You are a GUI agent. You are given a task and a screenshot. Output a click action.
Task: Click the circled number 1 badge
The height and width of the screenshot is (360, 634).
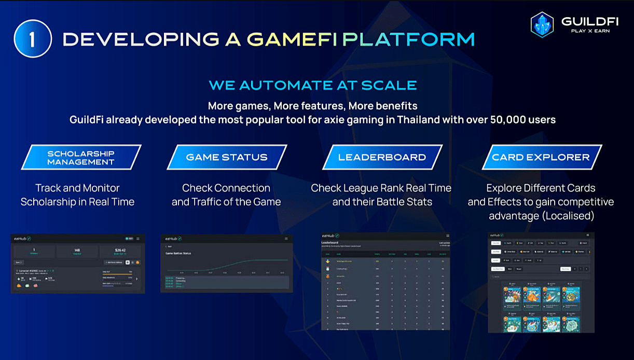pyautogui.click(x=32, y=39)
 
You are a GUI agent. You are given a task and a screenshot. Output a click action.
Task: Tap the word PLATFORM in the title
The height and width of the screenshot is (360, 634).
pyautogui.click(x=408, y=39)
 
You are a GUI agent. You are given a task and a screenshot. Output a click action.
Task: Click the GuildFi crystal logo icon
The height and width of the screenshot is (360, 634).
pyautogui.click(x=542, y=25)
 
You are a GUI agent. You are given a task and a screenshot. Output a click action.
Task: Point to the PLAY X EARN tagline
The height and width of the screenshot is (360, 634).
pyautogui.click(x=587, y=31)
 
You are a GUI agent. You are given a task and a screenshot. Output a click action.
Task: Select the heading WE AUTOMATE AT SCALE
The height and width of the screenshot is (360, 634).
pyautogui.click(x=312, y=85)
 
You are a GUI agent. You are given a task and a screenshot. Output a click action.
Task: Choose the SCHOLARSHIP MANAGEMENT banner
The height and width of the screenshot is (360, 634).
pyautogui.click(x=81, y=157)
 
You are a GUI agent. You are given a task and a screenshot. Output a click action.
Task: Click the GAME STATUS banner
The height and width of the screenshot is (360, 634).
pyautogui.click(x=227, y=157)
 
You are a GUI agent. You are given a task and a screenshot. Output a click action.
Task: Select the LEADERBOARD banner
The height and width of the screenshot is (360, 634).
pyautogui.click(x=382, y=157)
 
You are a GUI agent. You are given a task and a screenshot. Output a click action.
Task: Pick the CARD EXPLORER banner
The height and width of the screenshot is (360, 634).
pyautogui.click(x=541, y=157)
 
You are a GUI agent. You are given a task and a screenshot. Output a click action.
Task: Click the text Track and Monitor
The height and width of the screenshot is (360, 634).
pyautogui.click(x=77, y=188)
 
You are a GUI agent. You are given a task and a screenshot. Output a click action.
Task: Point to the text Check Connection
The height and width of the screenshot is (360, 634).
pyautogui.click(x=226, y=188)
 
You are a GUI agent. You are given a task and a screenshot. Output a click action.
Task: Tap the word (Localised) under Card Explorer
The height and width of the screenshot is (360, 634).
pyautogui.click(x=568, y=215)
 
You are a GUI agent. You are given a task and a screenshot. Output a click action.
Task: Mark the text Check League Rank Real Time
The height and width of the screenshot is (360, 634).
pyautogui.click(x=381, y=188)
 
